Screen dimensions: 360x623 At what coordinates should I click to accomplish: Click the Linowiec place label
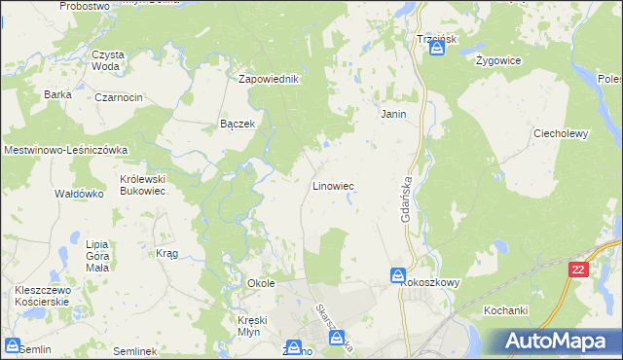(x=332, y=185)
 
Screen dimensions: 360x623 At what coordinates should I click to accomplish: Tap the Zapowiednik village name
(x=269, y=79)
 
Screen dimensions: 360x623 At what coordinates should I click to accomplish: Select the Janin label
(x=392, y=114)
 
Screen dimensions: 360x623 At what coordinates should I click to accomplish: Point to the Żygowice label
(x=499, y=60)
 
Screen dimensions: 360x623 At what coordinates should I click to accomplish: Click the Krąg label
(x=166, y=253)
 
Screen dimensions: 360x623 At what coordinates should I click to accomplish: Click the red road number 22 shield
(x=579, y=270)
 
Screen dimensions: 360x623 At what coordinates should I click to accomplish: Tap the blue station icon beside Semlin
(x=13, y=345)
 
